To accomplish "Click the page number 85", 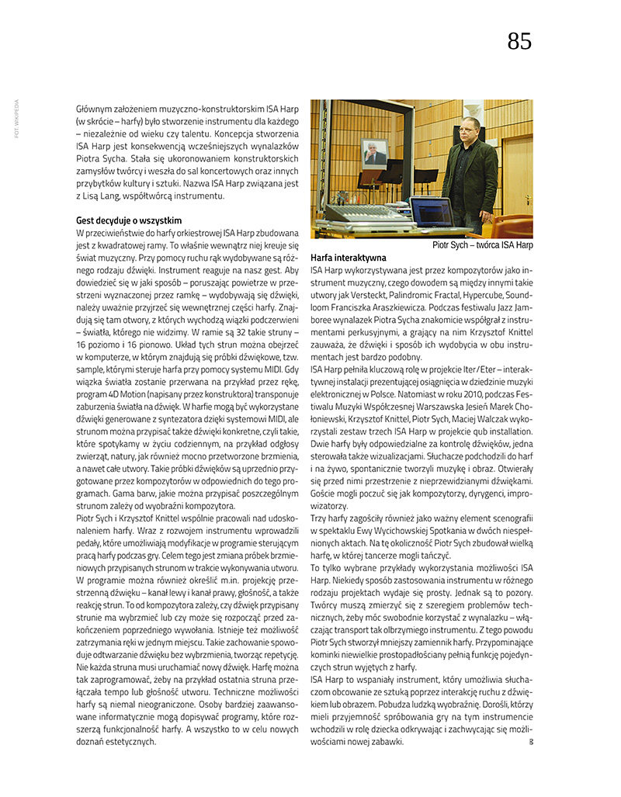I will [519, 41].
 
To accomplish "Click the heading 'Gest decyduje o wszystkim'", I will [129, 220].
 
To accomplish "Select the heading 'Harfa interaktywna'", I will [348, 257].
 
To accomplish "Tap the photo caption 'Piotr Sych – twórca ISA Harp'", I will [482, 245].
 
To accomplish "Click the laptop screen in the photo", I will [432, 211].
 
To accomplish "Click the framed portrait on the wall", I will [376, 153].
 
